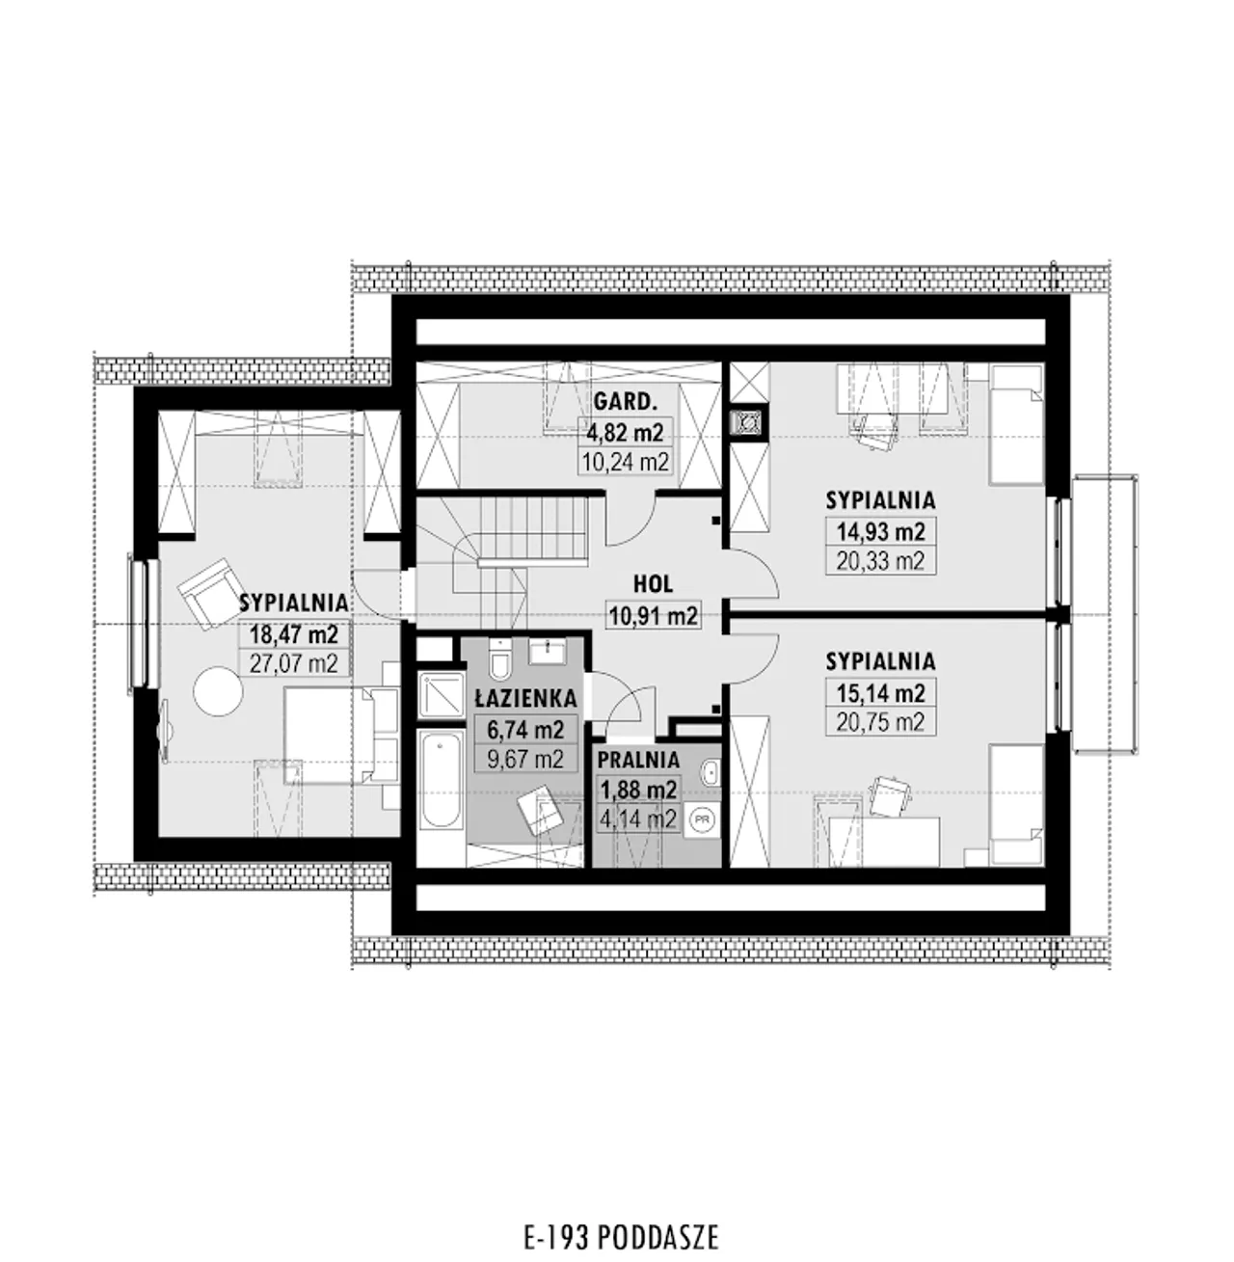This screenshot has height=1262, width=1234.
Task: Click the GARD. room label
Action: pyautogui.click(x=625, y=401)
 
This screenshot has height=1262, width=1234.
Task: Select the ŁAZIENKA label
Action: pyautogui.click(x=525, y=698)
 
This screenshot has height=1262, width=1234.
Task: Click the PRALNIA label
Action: pyautogui.click(x=638, y=760)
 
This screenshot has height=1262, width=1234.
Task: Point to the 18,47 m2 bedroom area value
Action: pyautogui.click(x=294, y=633)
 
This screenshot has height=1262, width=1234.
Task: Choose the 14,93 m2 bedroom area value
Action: pyautogui.click(x=880, y=532)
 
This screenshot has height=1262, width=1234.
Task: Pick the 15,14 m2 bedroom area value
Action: pyautogui.click(x=880, y=693)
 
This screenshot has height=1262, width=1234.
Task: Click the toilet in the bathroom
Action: pyautogui.click(x=500, y=659)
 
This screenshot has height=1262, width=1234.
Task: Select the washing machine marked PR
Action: pyautogui.click(x=702, y=819)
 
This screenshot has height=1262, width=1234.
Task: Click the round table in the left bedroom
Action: pyautogui.click(x=219, y=691)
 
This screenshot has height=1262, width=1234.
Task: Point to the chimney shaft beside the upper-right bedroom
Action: pyautogui.click(x=749, y=423)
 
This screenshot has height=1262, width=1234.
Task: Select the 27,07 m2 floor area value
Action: pyautogui.click(x=294, y=662)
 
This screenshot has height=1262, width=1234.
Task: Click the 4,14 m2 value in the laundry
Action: pyautogui.click(x=638, y=819)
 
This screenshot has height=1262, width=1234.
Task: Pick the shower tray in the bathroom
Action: pyautogui.click(x=441, y=695)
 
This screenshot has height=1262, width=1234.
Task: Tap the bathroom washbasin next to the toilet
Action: pyautogui.click(x=548, y=651)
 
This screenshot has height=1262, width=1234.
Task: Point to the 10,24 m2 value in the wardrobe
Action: pyautogui.click(x=625, y=462)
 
